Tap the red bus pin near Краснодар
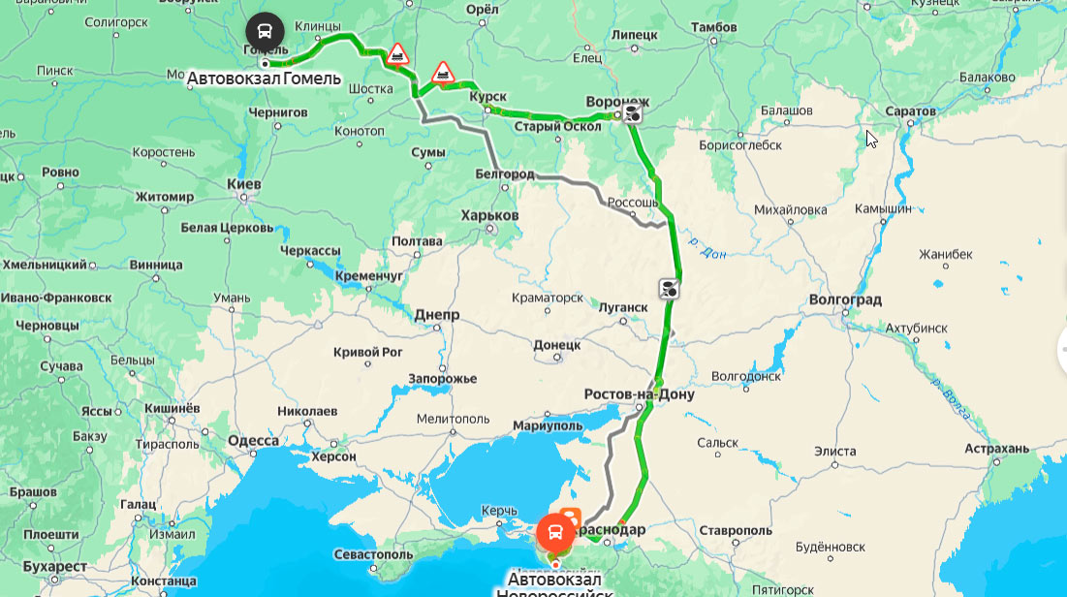[x=555, y=532]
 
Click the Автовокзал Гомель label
[x=264, y=78]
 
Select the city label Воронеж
[x=617, y=102]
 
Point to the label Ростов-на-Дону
[x=639, y=394]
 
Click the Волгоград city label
[x=844, y=299]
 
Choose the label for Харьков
[x=489, y=214]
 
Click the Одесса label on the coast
[x=253, y=441]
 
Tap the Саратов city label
[x=910, y=111]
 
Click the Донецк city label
[x=556, y=344]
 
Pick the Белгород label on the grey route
[x=505, y=173]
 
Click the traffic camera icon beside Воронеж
[x=632, y=114]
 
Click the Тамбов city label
[x=715, y=27]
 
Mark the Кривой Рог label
[x=368, y=352]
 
